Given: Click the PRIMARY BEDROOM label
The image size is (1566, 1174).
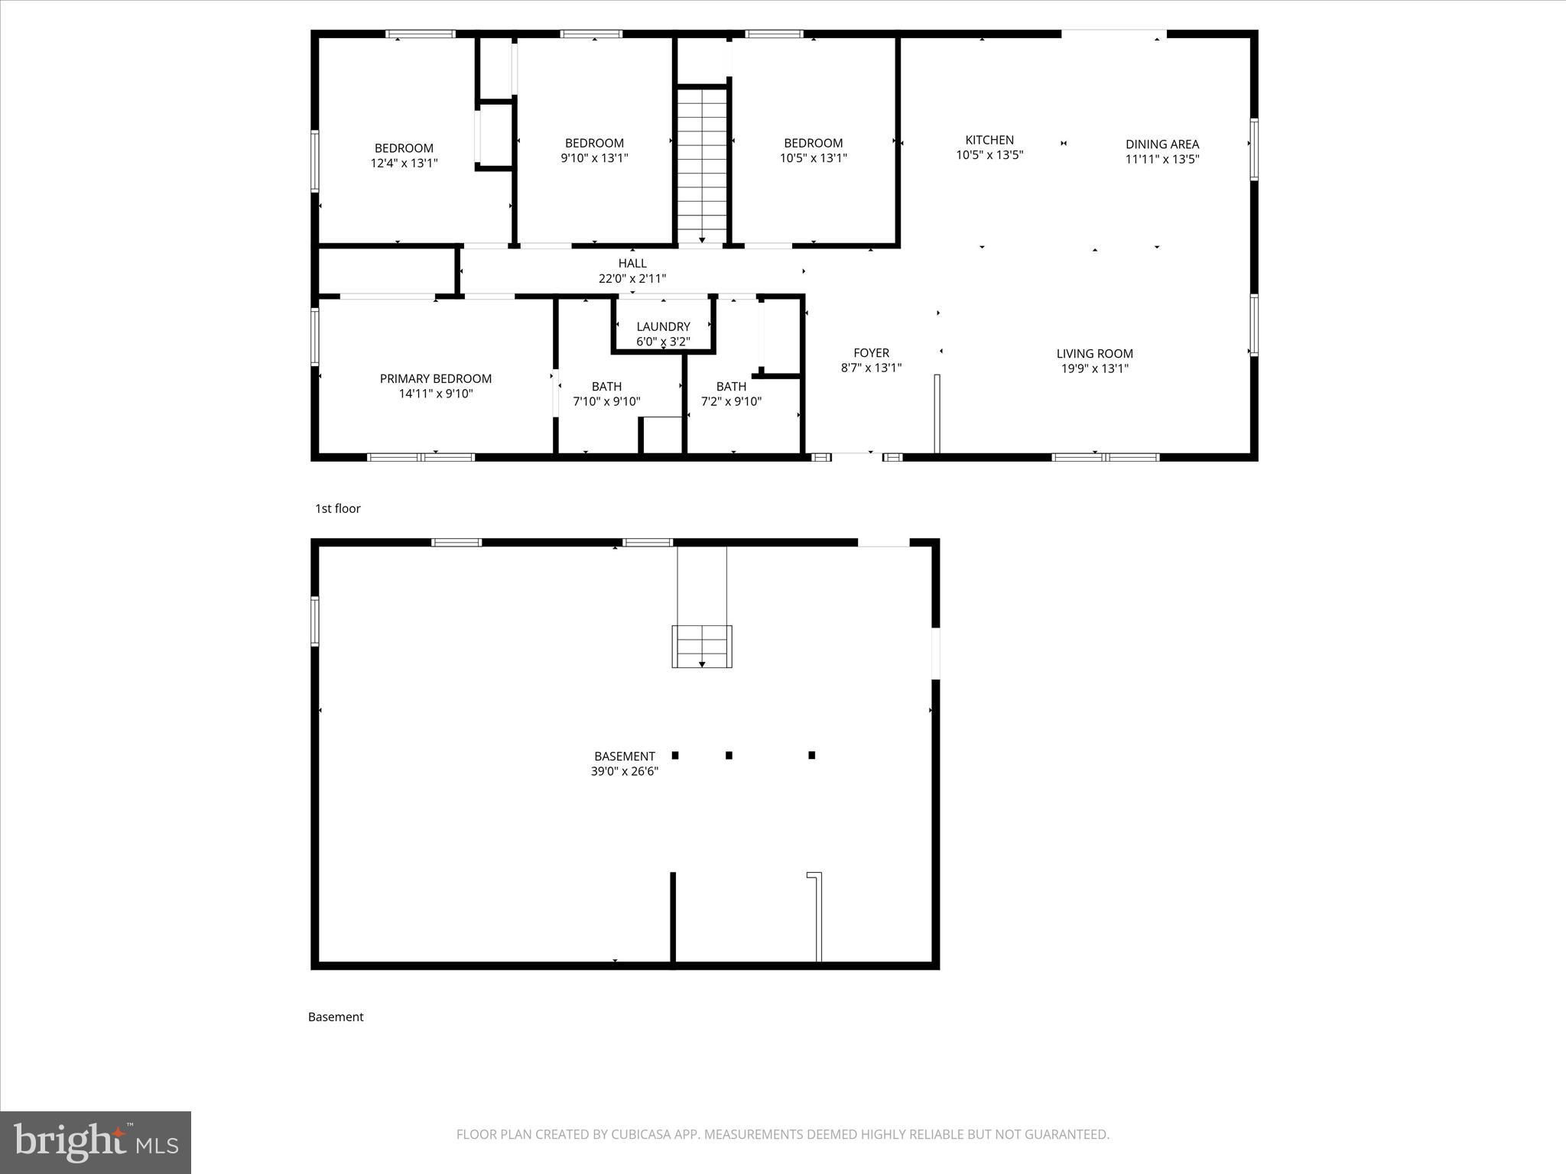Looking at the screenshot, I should [435, 379].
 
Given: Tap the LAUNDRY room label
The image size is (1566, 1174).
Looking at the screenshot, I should [663, 326].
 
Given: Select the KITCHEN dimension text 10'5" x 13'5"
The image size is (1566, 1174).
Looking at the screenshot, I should [989, 155].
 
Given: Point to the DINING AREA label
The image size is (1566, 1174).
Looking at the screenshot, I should [1162, 144].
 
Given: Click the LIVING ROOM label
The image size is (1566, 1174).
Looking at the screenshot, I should [1094, 354].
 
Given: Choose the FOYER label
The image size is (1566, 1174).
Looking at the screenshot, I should [871, 353].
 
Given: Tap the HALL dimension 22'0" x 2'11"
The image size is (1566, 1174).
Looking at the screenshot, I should [632, 279].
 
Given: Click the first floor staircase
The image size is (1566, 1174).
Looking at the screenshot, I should [701, 164].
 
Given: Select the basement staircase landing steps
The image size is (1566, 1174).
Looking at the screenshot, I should [701, 646].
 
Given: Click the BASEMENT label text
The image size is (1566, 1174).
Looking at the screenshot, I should [624, 757].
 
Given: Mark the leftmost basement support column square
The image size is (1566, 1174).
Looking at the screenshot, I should [675, 755].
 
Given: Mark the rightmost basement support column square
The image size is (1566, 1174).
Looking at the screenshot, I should [811, 755].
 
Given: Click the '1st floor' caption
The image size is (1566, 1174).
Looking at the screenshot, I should [337, 509].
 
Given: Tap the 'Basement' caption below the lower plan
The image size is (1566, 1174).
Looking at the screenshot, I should [336, 1017].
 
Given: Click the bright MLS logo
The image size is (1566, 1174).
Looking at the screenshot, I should [96, 1142].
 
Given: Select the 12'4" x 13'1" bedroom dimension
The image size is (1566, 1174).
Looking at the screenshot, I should [404, 163].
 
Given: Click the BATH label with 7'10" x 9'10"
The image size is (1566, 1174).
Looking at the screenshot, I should [606, 387].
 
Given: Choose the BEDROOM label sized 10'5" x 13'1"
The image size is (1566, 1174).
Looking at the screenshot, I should [813, 143].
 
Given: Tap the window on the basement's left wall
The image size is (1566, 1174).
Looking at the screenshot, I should [314, 621].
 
